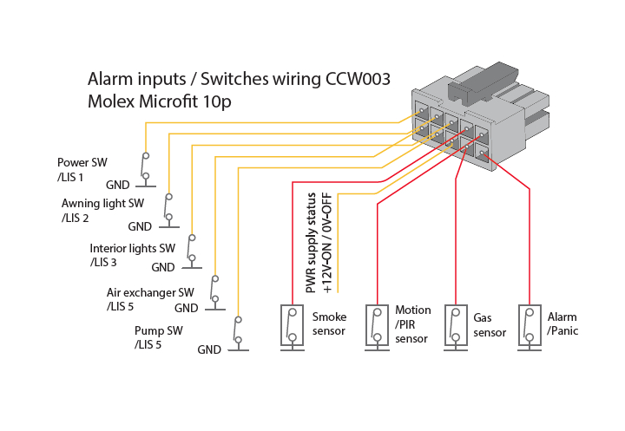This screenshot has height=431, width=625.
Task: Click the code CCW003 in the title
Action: (358, 79)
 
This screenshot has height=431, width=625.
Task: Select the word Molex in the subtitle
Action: (111, 101)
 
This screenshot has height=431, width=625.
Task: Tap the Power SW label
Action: (82, 162)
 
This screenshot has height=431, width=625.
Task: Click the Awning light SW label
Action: (102, 204)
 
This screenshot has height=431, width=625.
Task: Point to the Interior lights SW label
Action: (132, 249)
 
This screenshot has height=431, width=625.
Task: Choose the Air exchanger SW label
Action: (150, 293)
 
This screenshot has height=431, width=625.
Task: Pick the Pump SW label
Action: (158, 330)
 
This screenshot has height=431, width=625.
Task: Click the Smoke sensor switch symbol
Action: (293, 328)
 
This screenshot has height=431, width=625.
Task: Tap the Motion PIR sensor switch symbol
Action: (377, 328)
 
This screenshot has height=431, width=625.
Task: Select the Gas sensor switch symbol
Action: (456, 328)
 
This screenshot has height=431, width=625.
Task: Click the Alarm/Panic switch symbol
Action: (530, 328)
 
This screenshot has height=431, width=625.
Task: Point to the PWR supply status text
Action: (311, 244)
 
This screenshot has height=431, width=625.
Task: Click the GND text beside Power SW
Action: (117, 185)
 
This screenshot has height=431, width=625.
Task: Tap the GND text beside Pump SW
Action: (209, 349)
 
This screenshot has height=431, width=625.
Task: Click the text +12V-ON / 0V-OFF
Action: (327, 244)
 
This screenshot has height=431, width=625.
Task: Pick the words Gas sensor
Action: (490, 325)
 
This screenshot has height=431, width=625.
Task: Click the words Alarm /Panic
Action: (562, 323)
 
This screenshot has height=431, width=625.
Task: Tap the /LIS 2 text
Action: (75, 219)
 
